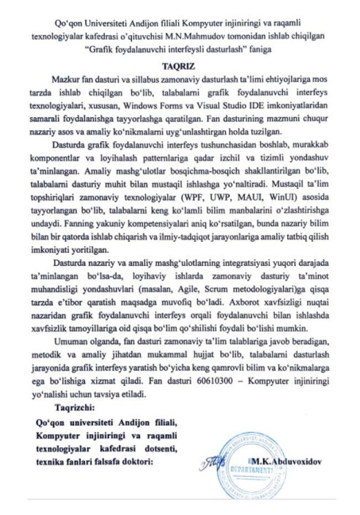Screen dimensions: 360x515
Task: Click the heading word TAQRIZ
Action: point(179,64)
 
